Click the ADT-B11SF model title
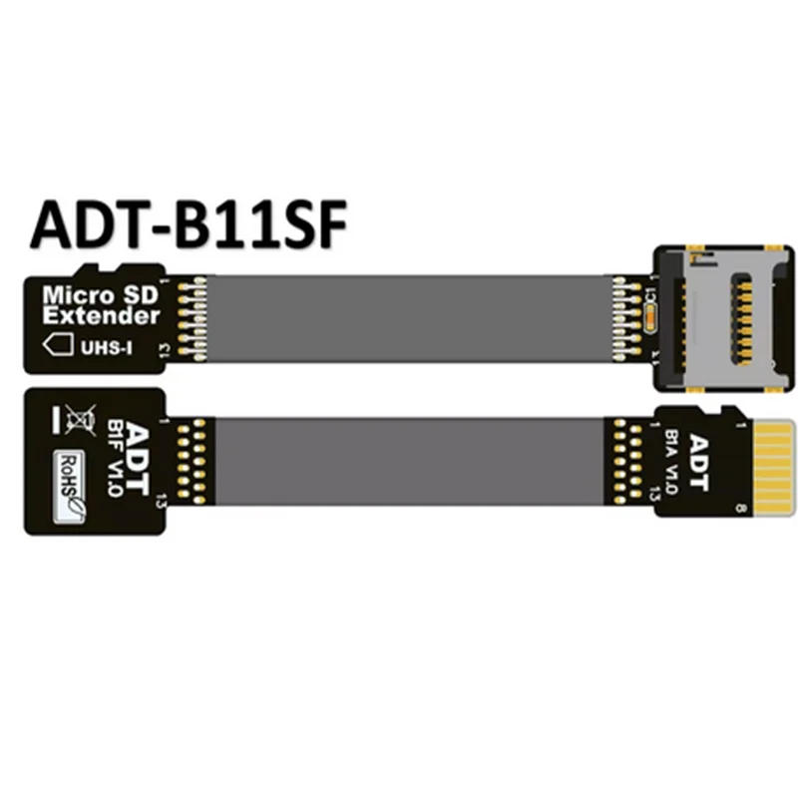[189, 225]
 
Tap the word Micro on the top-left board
[74, 296]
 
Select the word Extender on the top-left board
[100, 316]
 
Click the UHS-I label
[111, 345]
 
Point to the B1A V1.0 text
[674, 461]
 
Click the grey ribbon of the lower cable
[414, 461]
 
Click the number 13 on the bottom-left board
[161, 508]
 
